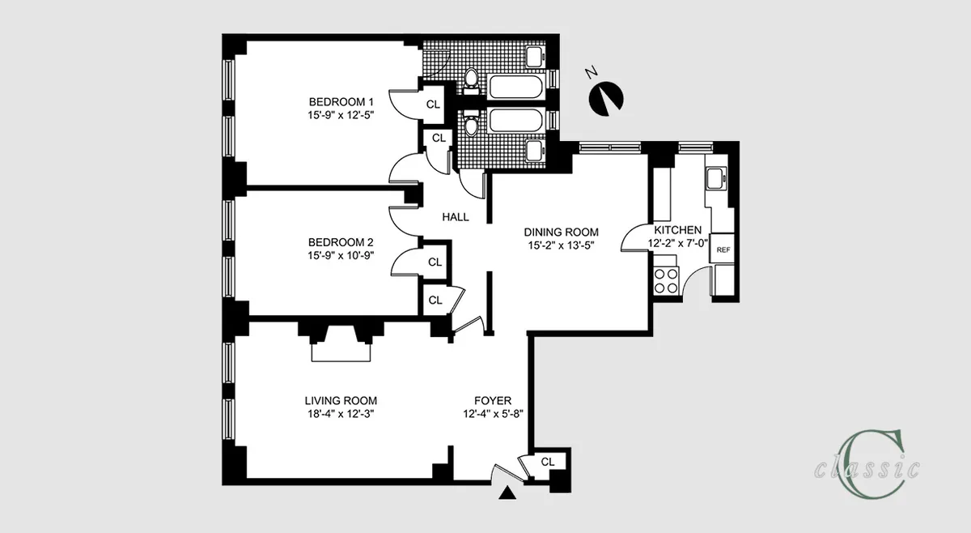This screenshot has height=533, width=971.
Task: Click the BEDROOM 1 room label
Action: (x=341, y=102)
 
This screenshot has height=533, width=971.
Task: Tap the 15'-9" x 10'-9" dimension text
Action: (x=341, y=256)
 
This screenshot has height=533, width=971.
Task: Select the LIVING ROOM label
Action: (x=341, y=400)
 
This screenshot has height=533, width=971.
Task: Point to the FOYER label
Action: (x=492, y=400)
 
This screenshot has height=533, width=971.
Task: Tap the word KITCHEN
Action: (x=678, y=230)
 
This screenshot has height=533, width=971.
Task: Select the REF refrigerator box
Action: (x=722, y=250)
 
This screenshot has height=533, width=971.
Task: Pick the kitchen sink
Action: (x=715, y=178)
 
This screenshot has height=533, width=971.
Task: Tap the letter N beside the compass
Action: (x=592, y=74)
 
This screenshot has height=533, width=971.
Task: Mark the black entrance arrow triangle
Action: (x=507, y=493)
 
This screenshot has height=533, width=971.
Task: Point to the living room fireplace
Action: (x=341, y=347)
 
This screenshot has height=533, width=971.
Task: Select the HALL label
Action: (x=456, y=217)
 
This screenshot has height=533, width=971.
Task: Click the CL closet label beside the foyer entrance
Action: (x=548, y=462)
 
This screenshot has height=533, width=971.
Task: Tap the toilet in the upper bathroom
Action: (x=469, y=79)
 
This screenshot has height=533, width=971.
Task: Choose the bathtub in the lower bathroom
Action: (x=517, y=121)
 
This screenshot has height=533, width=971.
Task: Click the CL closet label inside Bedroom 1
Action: (x=434, y=104)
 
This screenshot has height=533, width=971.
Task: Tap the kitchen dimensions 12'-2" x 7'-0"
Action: (x=678, y=243)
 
